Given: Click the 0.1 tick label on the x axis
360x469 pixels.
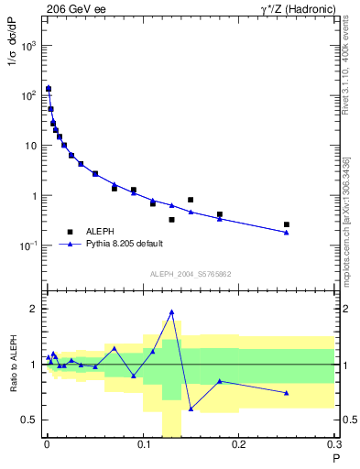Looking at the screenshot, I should coord(143,446).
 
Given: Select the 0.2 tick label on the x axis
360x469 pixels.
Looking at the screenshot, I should coord(239,446).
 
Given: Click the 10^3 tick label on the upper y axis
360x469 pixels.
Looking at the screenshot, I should coord(30,46).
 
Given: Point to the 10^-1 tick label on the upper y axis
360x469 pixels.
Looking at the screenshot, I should coord(30,246).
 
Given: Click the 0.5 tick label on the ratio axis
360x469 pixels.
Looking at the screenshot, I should coord(30,420).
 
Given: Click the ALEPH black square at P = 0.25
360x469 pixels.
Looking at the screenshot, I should coord(287,224).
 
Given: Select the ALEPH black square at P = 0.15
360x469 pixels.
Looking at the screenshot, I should coord(191,200).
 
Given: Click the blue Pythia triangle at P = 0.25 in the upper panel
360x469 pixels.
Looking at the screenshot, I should coord(287,233).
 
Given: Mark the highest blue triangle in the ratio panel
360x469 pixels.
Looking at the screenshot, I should coord(171,312).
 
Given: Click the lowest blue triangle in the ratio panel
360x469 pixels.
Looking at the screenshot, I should coord(191,409).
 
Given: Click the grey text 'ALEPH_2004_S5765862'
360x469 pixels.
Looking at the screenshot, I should coord(191,274).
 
